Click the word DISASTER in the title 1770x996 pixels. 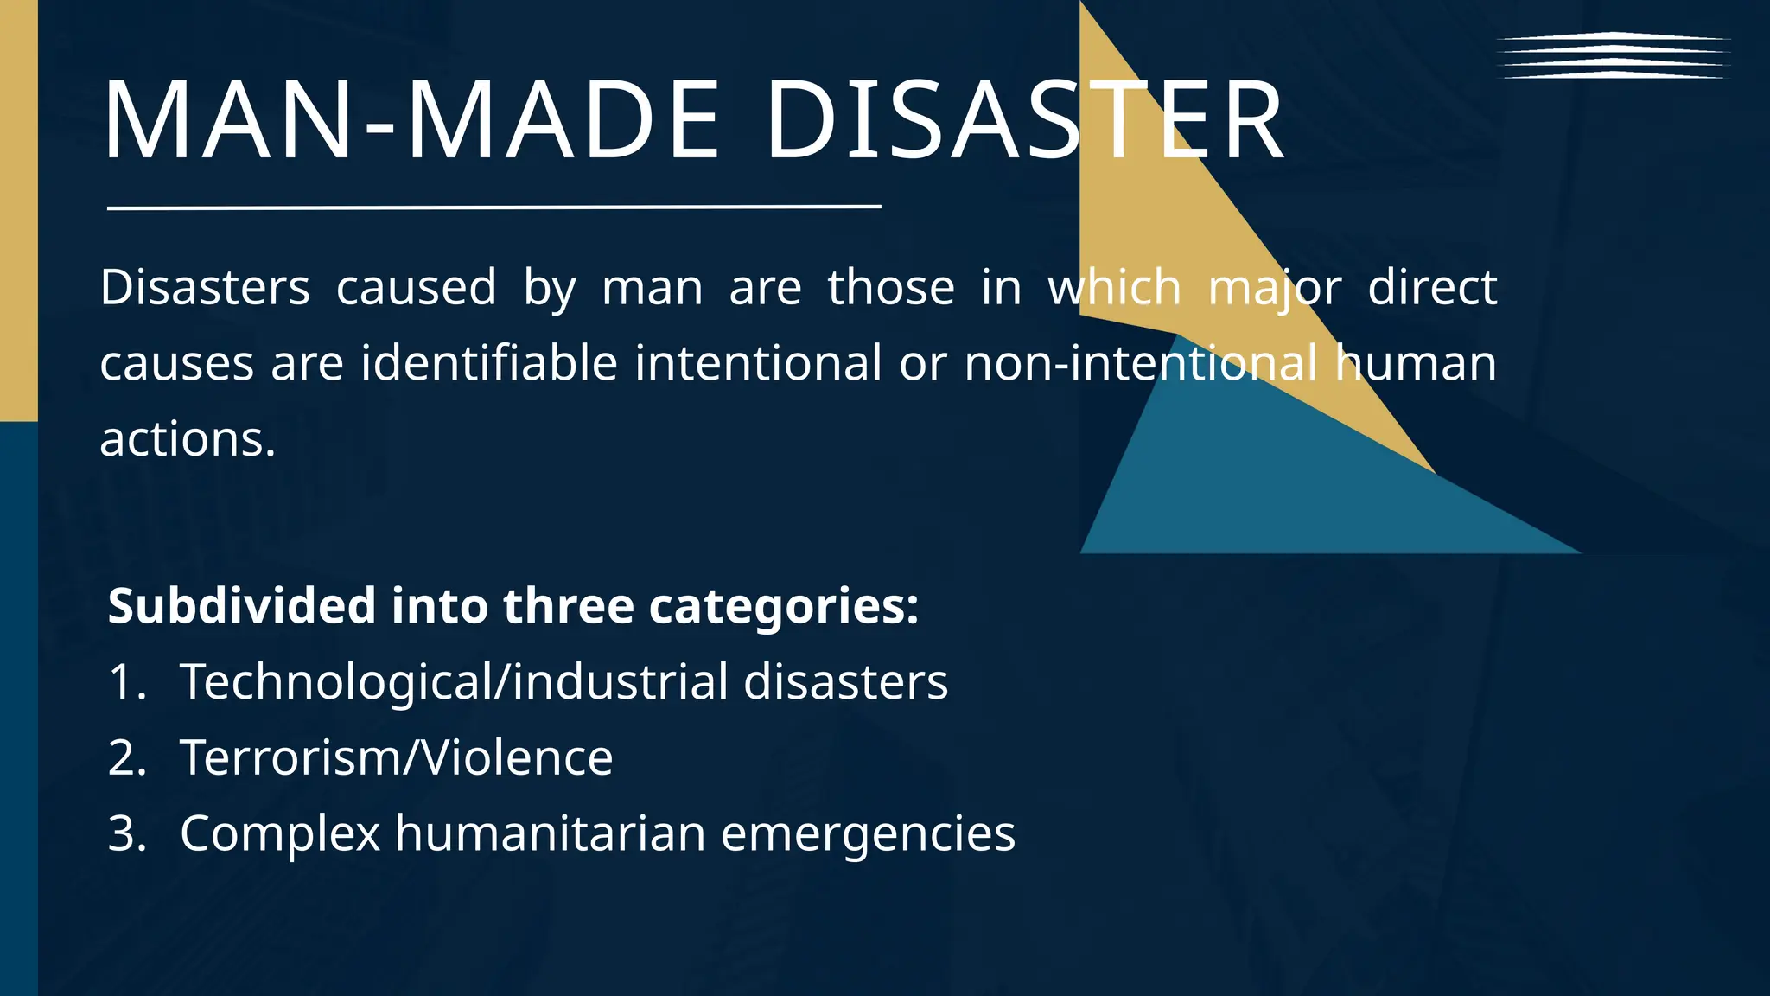[x=1025, y=121]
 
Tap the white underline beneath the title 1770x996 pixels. [x=493, y=207]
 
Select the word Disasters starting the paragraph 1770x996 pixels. [x=205, y=287]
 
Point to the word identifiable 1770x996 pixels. [x=489, y=363]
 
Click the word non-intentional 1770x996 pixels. [x=1141, y=363]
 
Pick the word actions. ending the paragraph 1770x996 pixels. [x=188, y=439]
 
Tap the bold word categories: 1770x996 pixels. [x=783, y=607]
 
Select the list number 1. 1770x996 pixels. [x=126, y=681]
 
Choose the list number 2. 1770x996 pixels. [x=126, y=757]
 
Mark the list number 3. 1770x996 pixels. [x=126, y=833]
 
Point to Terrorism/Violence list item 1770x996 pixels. [x=396, y=757]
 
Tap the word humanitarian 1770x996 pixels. [x=550, y=833]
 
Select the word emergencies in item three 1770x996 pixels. [x=868, y=835]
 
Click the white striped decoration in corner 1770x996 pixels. [x=1613, y=55]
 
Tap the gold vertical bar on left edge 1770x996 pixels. [x=18, y=207]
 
